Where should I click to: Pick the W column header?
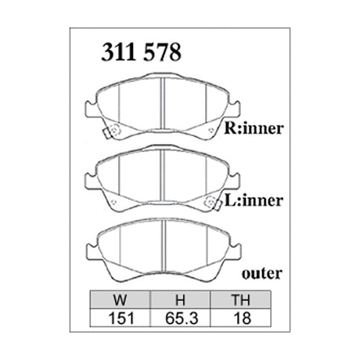click(x=121, y=299)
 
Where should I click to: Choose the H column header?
click(x=179, y=299)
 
